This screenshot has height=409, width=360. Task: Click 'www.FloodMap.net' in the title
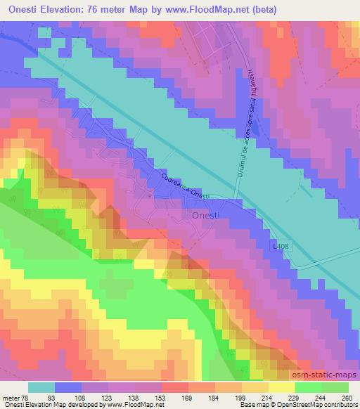point(214,10)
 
